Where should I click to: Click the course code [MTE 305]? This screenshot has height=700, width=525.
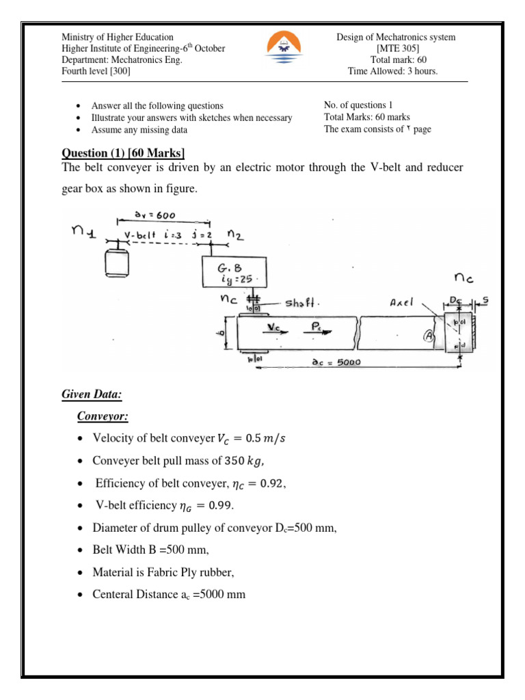tap(397, 49)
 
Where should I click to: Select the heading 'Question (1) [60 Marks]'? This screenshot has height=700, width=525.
tap(124, 151)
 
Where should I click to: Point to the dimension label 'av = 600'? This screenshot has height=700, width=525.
tap(154, 215)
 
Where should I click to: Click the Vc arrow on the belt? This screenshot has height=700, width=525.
tap(277, 329)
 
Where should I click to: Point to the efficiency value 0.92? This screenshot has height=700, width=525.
tap(268, 482)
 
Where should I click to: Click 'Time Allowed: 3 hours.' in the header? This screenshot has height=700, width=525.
tap(393, 71)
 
